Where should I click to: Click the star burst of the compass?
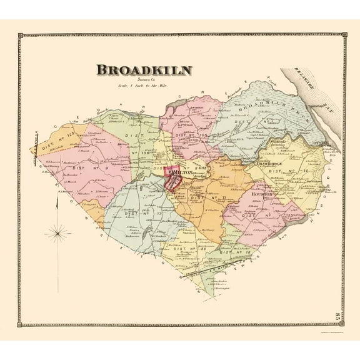[61, 234]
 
